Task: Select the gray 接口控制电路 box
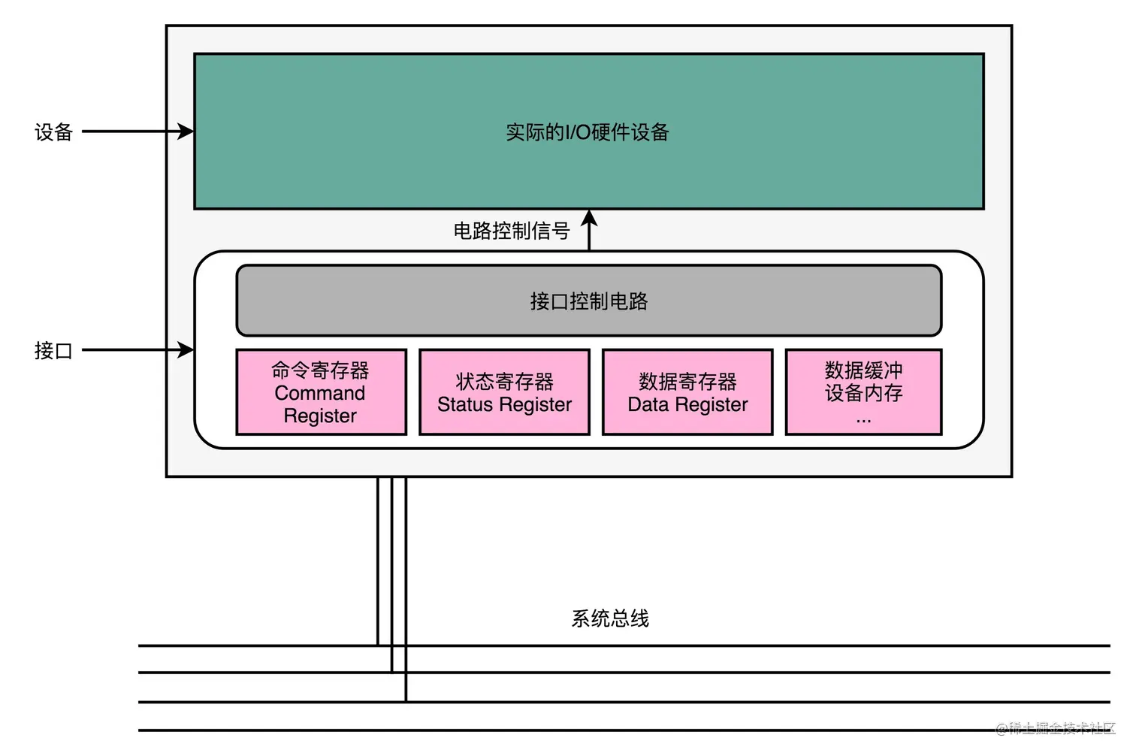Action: (588, 301)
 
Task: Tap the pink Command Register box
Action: (321, 392)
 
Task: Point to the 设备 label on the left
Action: (53, 132)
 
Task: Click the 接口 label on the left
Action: (53, 351)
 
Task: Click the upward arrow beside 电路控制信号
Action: (590, 230)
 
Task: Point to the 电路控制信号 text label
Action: (511, 231)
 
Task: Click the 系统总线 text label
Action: (610, 618)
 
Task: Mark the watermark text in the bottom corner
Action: (1056, 727)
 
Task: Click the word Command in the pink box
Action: (319, 393)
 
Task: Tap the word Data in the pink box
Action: (648, 404)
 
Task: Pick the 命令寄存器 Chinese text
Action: (320, 370)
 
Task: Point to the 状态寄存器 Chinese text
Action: (504, 382)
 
